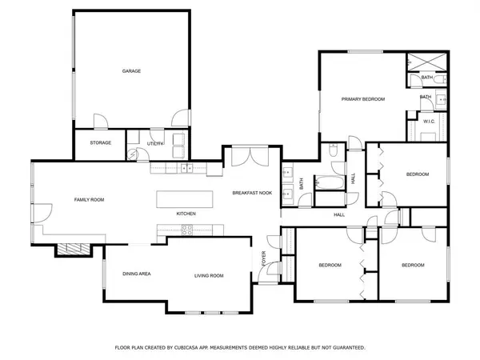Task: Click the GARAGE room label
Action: click(x=131, y=71)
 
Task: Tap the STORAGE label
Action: click(x=100, y=143)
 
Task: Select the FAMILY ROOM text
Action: click(x=90, y=199)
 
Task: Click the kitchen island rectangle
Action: click(x=185, y=198)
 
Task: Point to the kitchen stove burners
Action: click(x=190, y=231)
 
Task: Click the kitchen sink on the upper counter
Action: click(x=186, y=168)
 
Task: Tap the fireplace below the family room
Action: click(x=69, y=249)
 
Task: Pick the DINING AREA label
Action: click(x=137, y=274)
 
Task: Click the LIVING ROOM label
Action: click(x=209, y=276)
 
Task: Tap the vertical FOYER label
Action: click(x=265, y=260)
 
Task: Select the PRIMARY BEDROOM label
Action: click(x=363, y=99)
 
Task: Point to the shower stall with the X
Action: click(x=421, y=62)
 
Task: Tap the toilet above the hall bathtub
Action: click(x=333, y=151)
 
